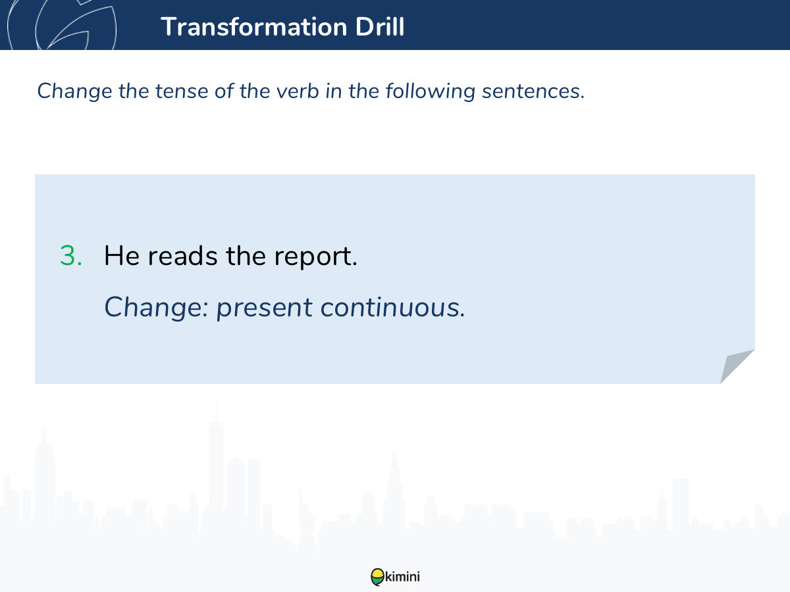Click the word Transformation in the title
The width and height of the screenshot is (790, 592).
pos(254,26)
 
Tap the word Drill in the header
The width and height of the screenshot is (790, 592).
pos(380,26)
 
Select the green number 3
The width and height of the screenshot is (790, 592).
pos(71,256)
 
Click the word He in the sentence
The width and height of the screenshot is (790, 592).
pos(122,256)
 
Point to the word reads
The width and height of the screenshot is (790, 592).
pos(183,256)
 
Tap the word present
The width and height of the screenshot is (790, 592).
pos(265,309)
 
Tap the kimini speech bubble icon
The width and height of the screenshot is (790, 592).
pos(377,577)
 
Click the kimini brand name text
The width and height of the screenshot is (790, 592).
pos(402,577)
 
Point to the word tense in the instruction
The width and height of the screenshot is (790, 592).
pos(182,91)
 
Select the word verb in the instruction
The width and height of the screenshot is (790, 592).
pos(298,91)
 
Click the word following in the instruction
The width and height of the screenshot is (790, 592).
pos(431,91)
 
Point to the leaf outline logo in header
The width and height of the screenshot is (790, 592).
pos(62,25)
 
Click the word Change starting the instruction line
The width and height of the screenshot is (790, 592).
pos(74,91)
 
